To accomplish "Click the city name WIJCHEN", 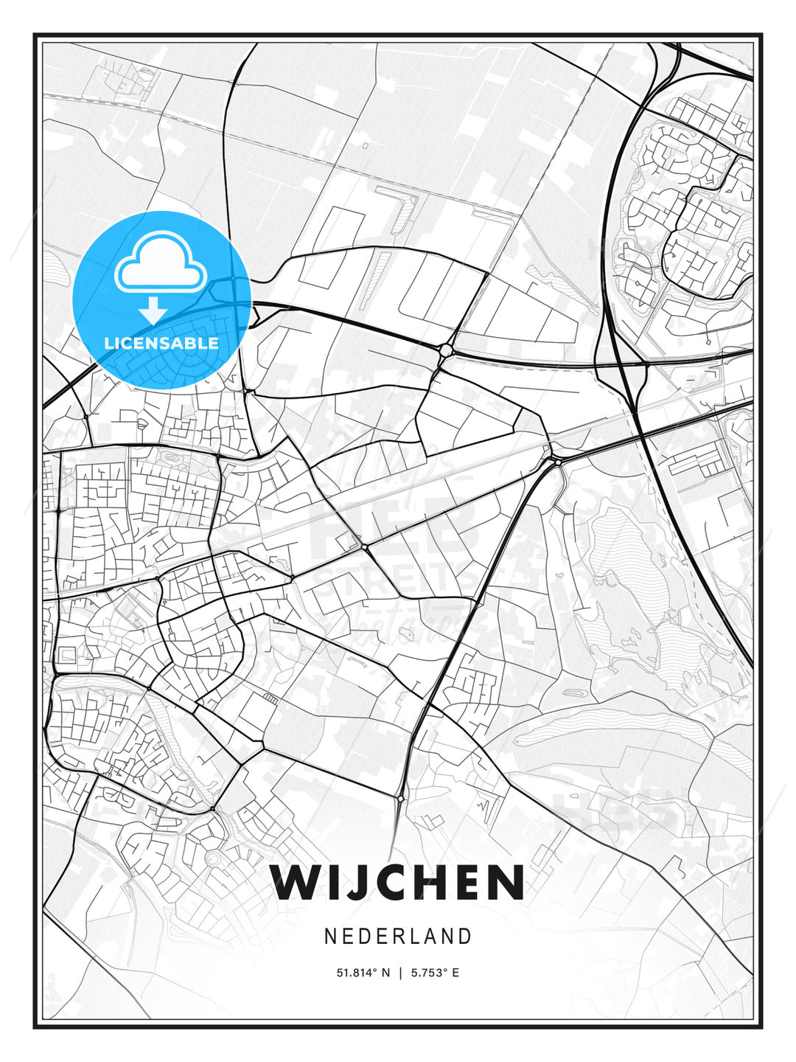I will (x=397, y=882).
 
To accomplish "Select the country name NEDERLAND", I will (x=397, y=937).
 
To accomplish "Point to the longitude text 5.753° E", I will (x=434, y=973).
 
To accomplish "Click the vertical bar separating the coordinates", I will (x=399, y=973).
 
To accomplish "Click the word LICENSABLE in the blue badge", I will (x=161, y=343).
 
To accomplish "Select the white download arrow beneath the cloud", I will (x=153, y=310).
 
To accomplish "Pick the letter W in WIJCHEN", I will (x=297, y=882).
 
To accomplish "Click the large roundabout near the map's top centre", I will (x=446, y=350).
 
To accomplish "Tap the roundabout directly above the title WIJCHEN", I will (x=399, y=799).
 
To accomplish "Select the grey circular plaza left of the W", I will (x=213, y=858).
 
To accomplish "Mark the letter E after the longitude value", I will (x=455, y=973).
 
